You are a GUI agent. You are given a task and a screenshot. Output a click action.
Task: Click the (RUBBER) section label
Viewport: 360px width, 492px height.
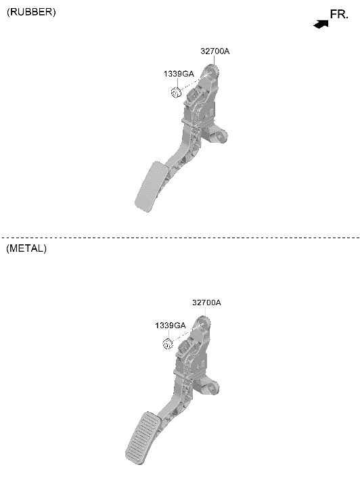[31, 12]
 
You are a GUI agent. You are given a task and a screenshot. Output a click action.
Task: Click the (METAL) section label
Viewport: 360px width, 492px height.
[26, 248]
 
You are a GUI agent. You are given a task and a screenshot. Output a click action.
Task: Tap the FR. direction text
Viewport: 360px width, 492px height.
[339, 14]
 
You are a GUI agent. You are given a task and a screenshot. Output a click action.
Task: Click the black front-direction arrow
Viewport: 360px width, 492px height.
[321, 24]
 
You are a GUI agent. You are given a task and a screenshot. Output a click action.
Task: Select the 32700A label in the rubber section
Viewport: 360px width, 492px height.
[215, 51]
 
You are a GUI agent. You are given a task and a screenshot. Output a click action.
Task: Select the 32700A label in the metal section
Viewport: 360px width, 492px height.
[206, 303]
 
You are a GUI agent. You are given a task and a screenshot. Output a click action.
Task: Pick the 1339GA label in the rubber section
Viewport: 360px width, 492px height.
[179, 74]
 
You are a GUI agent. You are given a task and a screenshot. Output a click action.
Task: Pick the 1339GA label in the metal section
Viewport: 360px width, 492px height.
[170, 326]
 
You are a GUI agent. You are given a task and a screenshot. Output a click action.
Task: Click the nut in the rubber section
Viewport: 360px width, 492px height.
[176, 92]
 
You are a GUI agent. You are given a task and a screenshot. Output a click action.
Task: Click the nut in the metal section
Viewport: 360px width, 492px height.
[168, 344]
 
